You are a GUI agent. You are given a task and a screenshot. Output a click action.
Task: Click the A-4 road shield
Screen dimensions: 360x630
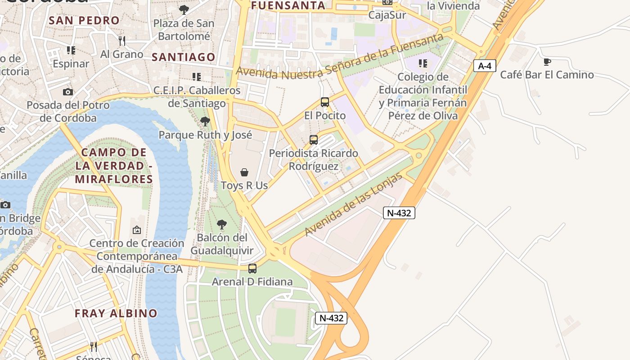coord(484,66)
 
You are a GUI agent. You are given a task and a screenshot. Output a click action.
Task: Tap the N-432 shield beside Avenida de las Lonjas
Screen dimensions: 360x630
coord(399,213)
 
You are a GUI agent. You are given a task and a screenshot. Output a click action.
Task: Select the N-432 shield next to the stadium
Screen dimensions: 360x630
coord(331,318)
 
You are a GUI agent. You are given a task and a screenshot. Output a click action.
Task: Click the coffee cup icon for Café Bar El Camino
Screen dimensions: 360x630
coord(547,62)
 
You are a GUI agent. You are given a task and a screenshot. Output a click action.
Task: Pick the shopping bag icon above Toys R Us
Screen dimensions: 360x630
coord(244,172)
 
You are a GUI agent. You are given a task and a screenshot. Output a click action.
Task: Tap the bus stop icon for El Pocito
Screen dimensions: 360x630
coord(325,102)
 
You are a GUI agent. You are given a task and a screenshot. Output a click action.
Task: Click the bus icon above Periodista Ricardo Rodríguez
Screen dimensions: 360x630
coord(314,140)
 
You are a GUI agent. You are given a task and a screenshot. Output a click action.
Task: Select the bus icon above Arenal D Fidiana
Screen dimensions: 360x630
coord(252,269)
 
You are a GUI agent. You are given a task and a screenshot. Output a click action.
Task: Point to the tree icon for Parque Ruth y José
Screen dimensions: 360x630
coord(205,121)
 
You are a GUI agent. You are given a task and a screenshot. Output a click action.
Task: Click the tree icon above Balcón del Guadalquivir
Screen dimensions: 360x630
coord(221,224)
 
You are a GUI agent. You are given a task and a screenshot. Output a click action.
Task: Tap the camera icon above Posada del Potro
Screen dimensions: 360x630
coord(68,92)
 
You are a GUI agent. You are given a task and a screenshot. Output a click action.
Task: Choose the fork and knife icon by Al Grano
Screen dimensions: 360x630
coord(121,41)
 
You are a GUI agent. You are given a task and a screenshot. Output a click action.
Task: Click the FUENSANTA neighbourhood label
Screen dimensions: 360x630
coord(288,6)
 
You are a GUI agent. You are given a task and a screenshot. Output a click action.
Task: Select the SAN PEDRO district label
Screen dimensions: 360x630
coord(84,20)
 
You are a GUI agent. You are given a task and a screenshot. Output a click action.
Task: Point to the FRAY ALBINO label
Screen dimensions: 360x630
coord(116,313)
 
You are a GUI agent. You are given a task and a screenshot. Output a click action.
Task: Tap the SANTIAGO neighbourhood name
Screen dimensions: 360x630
coord(184,57)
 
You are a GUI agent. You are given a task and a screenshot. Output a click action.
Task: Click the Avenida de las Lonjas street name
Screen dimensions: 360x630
coord(353,205)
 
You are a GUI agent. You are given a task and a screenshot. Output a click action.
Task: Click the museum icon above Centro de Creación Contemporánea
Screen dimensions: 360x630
coord(136,230)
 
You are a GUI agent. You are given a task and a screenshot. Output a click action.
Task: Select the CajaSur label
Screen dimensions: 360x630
coord(387,15)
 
